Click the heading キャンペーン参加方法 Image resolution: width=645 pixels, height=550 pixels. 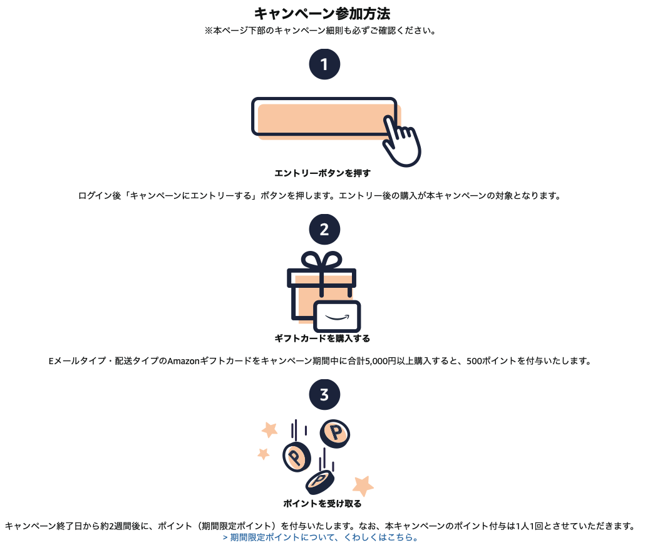click(x=322, y=13)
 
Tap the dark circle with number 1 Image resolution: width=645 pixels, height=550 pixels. click(x=324, y=64)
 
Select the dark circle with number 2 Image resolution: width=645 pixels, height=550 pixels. click(x=324, y=230)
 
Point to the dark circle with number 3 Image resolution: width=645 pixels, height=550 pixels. click(x=324, y=395)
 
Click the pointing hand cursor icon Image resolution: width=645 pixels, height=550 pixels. click(x=401, y=143)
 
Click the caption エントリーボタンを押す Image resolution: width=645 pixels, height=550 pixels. click(x=322, y=173)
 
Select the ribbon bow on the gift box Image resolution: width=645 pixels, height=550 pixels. click(x=321, y=260)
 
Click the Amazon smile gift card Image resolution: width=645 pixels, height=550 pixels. click(x=338, y=316)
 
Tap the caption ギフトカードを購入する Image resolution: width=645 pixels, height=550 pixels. click(x=322, y=339)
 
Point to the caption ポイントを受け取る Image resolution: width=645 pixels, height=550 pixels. click(x=322, y=503)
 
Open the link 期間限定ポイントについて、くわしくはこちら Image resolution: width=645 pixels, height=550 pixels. click(x=320, y=537)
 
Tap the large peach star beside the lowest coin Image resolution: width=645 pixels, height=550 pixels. click(x=363, y=484)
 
